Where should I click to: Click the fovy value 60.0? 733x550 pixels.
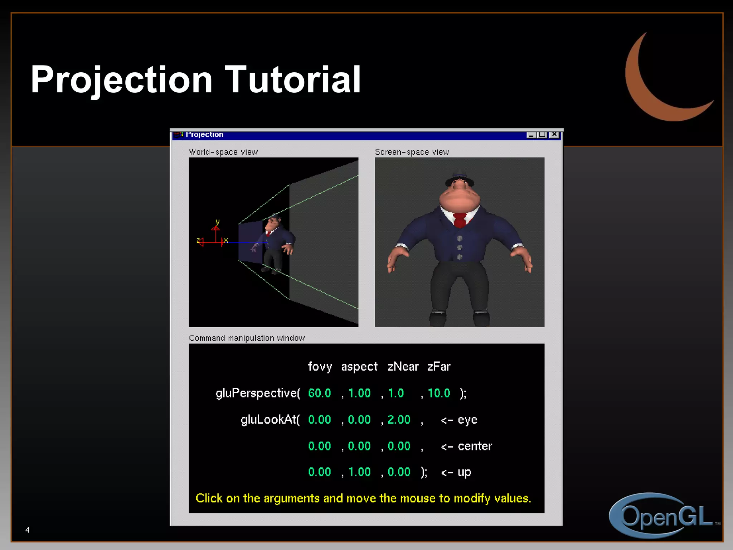(319, 393)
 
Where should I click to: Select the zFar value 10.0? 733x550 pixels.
(439, 393)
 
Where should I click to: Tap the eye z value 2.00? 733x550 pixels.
(399, 420)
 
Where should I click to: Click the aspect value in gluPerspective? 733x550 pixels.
(359, 393)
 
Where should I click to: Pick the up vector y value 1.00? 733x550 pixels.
(359, 472)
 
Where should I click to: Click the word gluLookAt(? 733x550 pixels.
(270, 420)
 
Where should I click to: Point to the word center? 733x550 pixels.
(475, 446)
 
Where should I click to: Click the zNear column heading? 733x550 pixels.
(403, 367)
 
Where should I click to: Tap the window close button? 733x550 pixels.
(554, 135)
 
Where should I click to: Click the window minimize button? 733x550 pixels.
(531, 135)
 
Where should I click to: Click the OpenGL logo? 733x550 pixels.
(662, 516)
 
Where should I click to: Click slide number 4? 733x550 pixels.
(27, 530)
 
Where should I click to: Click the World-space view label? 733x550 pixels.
(223, 152)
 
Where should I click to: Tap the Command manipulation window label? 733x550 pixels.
(247, 338)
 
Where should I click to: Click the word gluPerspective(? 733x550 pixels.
(258, 393)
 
